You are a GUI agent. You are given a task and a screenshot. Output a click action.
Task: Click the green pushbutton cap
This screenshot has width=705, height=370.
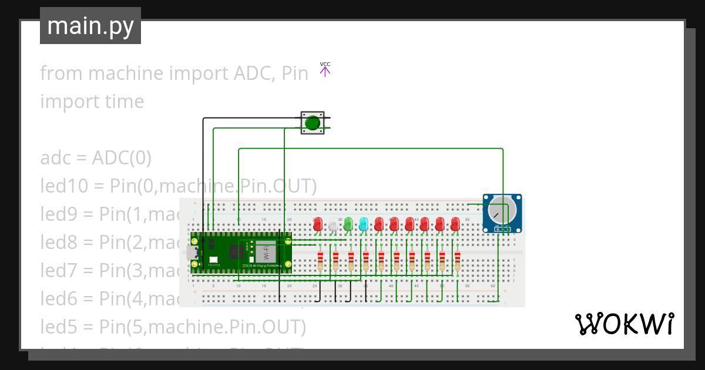pyautogui.click(x=313, y=123)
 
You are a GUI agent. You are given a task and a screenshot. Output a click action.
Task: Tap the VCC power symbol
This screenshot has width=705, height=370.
pyautogui.click(x=325, y=69)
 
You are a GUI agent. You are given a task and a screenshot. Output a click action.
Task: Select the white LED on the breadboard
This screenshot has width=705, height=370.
pyautogui.click(x=333, y=224)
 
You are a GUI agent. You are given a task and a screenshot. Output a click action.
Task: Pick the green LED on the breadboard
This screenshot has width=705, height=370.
pyautogui.click(x=348, y=224)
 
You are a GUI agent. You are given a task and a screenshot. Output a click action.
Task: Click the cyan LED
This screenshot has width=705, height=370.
pyautogui.click(x=364, y=224)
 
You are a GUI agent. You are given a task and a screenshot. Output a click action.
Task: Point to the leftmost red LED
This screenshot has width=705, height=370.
pyautogui.click(x=318, y=224)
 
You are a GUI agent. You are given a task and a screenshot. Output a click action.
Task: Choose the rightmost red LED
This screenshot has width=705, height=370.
pyautogui.click(x=455, y=224)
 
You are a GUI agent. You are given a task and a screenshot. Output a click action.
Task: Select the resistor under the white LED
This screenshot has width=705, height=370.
pyautogui.click(x=335, y=260)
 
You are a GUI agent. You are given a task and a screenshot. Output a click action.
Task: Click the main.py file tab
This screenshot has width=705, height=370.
pyautogui.click(x=90, y=26)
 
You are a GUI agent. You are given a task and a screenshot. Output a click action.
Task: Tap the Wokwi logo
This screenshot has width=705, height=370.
pyautogui.click(x=623, y=324)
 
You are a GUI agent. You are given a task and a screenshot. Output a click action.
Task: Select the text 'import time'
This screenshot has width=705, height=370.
pyautogui.click(x=92, y=102)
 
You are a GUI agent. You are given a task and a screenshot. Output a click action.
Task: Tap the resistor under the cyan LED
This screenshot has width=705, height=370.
pyautogui.click(x=366, y=260)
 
